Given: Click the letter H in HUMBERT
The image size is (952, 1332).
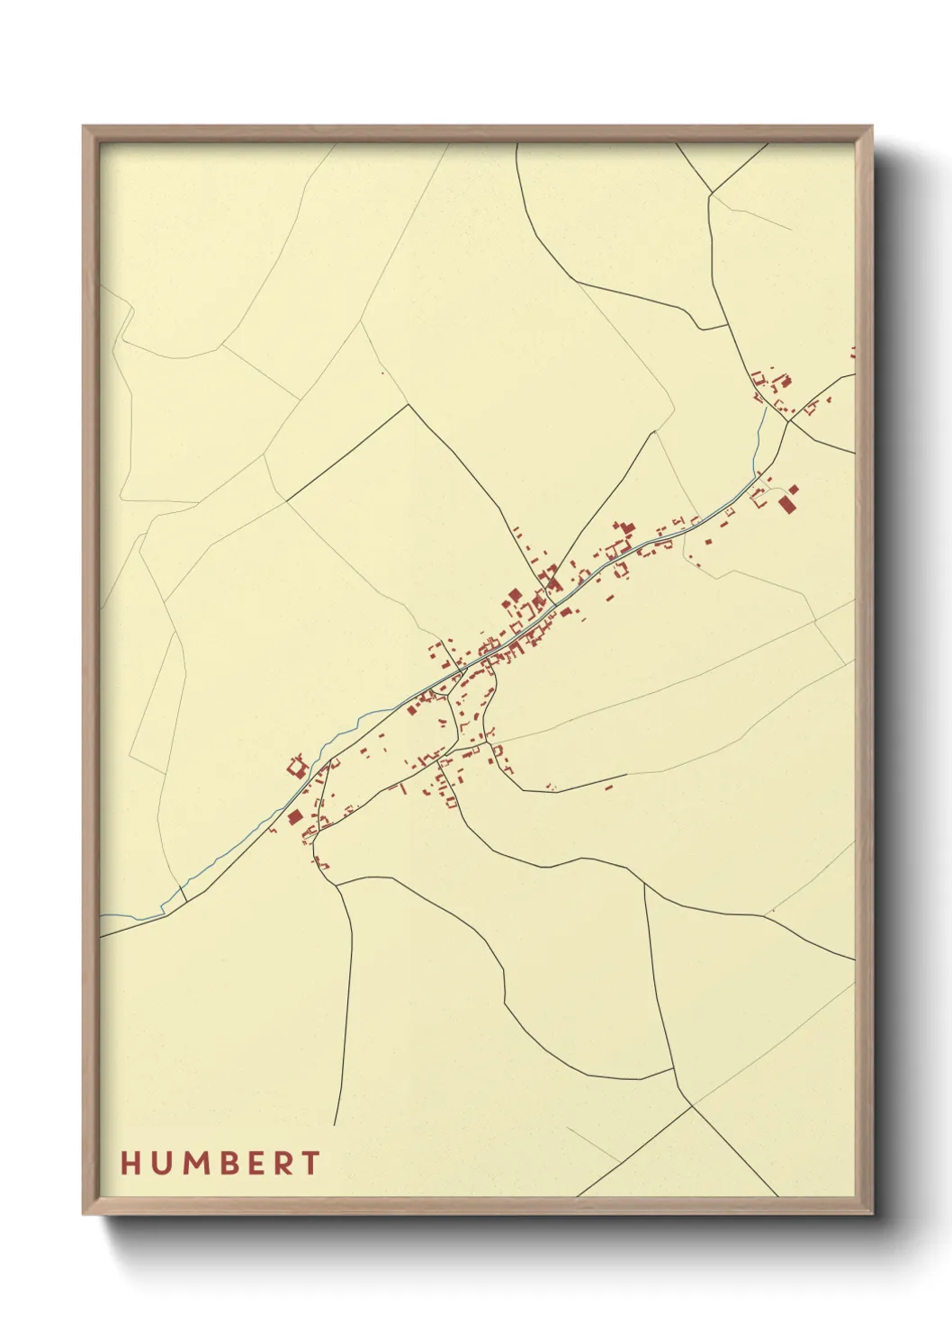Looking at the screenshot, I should click(x=130, y=1163).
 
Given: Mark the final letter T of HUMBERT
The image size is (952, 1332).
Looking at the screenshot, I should click(x=310, y=1163).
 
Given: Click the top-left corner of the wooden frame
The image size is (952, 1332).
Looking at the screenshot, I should click(x=84, y=127).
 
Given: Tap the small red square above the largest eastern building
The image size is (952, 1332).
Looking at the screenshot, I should click(x=795, y=490).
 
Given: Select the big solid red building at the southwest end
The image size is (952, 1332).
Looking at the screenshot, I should click(x=294, y=817).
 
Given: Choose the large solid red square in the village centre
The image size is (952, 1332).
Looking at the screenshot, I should click(x=515, y=596).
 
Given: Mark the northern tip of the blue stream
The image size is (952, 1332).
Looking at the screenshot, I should click(x=766, y=408).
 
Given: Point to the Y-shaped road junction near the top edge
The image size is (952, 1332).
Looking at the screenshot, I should click(x=712, y=192).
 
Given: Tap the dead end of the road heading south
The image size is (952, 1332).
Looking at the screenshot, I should click(x=335, y=1124).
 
